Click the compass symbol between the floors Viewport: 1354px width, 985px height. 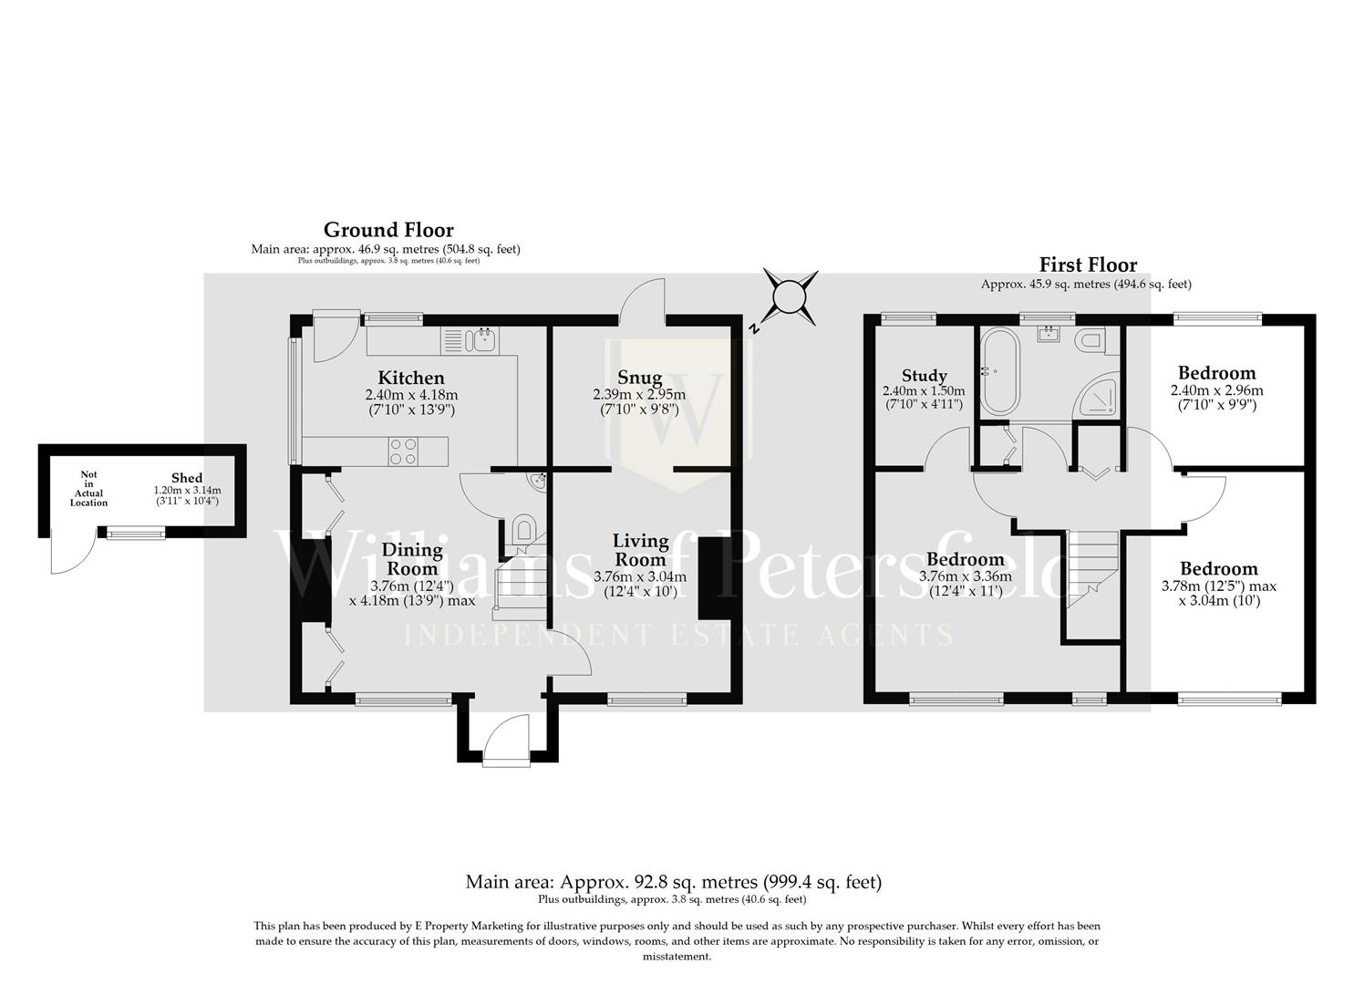pos(790,296)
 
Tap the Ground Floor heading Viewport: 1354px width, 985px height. pos(388,230)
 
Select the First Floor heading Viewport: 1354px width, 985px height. pos(1088,265)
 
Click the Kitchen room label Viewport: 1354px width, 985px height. pos(411,378)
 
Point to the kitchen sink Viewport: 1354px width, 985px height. pos(480,341)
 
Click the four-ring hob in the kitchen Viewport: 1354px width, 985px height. pos(403,451)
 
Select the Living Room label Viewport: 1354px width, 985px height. pos(640,550)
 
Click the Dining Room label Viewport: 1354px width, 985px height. pos(412,558)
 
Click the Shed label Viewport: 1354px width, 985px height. pos(187,478)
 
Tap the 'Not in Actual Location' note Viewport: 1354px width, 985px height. pos(88,489)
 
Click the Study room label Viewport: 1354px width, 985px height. pos(924,375)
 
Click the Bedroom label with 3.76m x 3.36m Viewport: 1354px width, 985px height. pos(965,559)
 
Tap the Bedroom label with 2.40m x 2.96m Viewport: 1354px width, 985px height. pos(1216,372)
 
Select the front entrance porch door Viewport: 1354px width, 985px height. pos(506,736)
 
